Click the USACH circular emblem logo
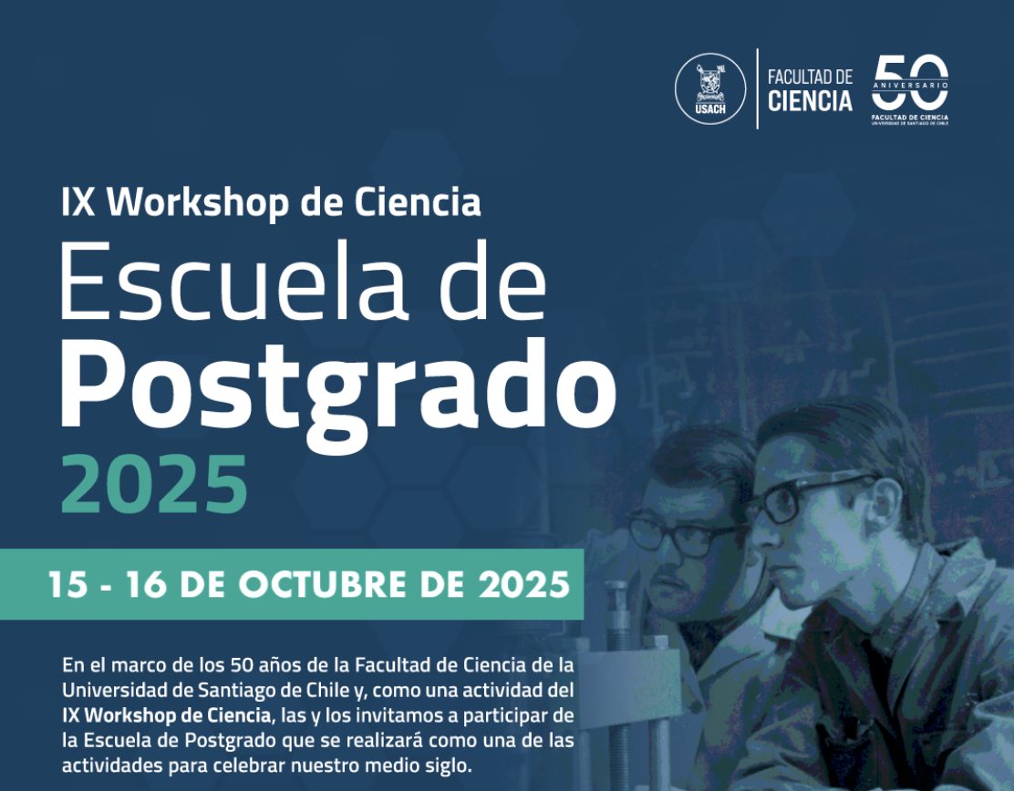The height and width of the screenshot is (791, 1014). (x=710, y=88)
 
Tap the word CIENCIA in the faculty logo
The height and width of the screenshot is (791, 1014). (x=810, y=101)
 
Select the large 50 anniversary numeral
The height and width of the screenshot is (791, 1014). (x=910, y=81)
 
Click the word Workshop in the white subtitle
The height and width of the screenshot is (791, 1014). (x=198, y=203)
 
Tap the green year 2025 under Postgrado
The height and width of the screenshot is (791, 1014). (x=154, y=484)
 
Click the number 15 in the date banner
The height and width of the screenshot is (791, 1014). (x=67, y=584)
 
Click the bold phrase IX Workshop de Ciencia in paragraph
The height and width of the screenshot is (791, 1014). (x=166, y=715)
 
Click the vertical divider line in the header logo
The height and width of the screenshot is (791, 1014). (x=757, y=88)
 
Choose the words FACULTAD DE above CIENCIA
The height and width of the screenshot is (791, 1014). (x=810, y=77)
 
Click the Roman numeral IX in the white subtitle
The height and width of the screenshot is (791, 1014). (x=78, y=203)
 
